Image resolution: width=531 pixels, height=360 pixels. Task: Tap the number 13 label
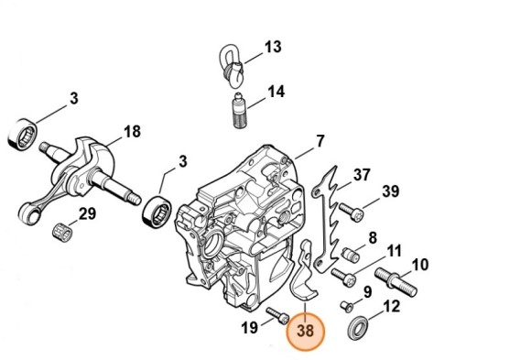(273, 46)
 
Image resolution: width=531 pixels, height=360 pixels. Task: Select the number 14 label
(276, 92)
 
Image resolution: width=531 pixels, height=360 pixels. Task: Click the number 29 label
(87, 214)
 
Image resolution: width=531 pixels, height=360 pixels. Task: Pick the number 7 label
(320, 141)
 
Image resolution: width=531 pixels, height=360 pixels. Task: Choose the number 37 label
(362, 175)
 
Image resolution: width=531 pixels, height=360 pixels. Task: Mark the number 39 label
(391, 191)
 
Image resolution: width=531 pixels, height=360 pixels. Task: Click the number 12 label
(390, 308)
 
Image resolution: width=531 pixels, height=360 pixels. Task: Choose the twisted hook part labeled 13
(232, 61)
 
